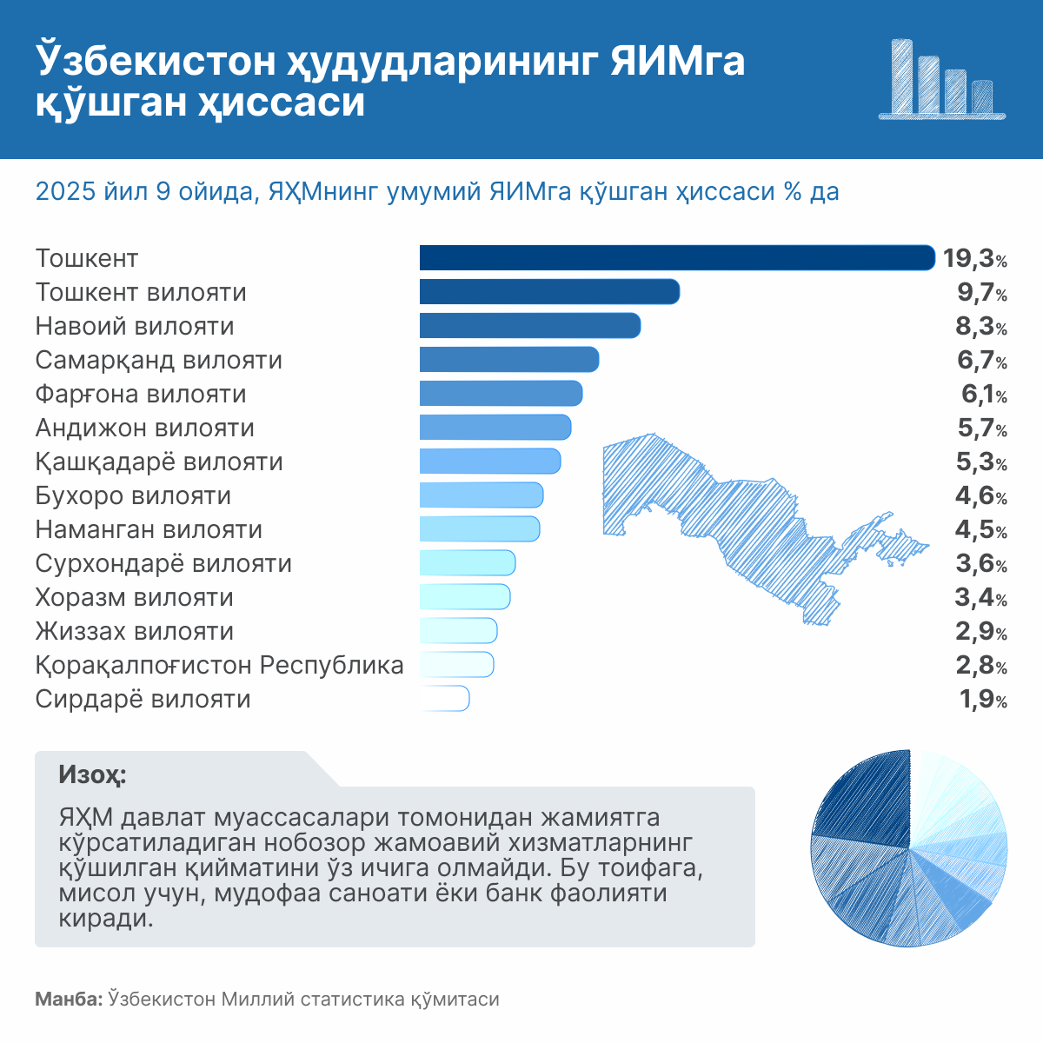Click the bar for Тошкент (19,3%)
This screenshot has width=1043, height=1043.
click(x=676, y=258)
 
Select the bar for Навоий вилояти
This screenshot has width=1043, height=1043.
click(x=530, y=326)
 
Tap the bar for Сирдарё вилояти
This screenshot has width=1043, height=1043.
click(x=444, y=699)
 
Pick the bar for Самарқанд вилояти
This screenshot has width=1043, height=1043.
click(x=509, y=360)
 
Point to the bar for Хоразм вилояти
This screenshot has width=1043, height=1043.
click(x=465, y=597)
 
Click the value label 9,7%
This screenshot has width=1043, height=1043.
click(x=981, y=293)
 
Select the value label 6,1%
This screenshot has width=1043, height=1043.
click(x=983, y=395)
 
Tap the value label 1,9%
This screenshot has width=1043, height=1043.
click(x=983, y=700)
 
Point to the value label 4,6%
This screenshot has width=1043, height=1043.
click(x=981, y=496)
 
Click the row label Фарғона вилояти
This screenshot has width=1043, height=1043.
click(x=141, y=395)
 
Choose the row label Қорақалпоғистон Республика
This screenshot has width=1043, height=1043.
click(x=219, y=666)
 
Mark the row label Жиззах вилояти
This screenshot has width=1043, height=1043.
click(x=135, y=632)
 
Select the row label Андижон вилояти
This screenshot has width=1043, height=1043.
click(x=145, y=428)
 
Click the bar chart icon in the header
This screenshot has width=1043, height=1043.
click(x=942, y=79)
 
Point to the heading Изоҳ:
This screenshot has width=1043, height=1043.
click(x=91, y=774)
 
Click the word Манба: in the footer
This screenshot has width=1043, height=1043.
click(x=69, y=1000)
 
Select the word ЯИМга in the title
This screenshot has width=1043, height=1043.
click(x=677, y=63)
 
